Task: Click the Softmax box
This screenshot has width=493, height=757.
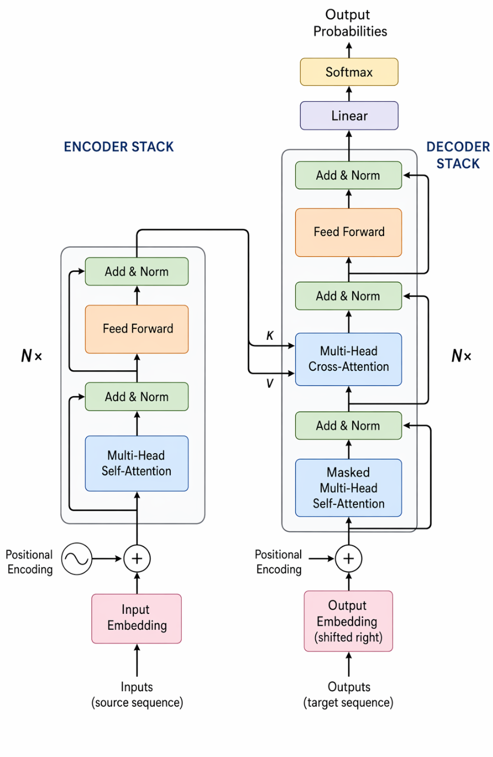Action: (x=349, y=72)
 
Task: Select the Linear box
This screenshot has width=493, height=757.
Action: (x=349, y=115)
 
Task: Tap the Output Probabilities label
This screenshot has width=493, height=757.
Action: (x=350, y=23)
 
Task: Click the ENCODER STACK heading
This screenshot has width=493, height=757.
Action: (x=119, y=146)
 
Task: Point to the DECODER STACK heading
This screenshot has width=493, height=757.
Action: (x=458, y=155)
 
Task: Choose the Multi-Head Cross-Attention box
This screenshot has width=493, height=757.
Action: (x=349, y=359)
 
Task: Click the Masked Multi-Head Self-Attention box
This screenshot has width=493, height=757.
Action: (x=349, y=488)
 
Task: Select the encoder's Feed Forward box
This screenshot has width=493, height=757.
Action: (x=137, y=329)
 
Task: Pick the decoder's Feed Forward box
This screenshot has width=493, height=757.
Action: (x=349, y=232)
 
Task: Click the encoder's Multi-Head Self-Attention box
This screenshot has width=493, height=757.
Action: (x=137, y=463)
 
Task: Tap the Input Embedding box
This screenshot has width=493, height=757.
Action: (x=137, y=618)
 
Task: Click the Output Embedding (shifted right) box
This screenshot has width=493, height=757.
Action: (x=349, y=621)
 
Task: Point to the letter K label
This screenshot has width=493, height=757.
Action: (x=269, y=335)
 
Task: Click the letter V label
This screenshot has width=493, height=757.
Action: (x=269, y=383)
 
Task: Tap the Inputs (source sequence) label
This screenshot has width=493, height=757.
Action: (x=137, y=695)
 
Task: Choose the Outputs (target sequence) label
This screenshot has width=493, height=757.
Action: (x=349, y=695)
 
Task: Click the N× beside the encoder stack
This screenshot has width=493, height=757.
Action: (x=31, y=356)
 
